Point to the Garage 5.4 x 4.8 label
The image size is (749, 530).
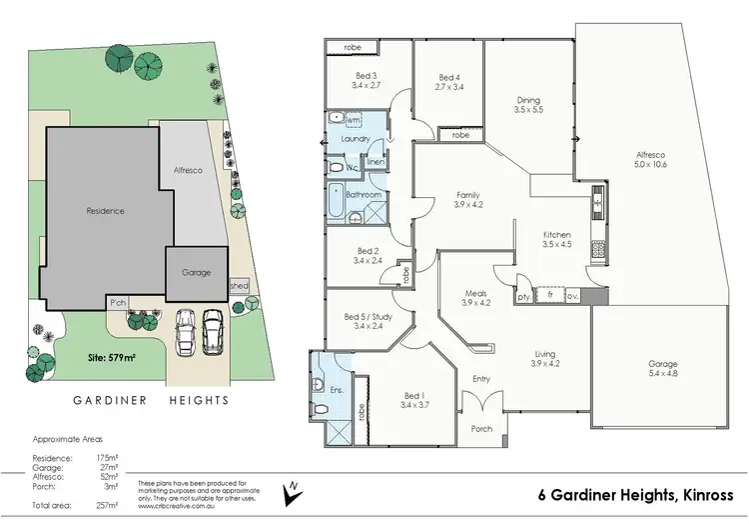pos(662,369)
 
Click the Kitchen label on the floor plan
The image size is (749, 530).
pos(554,232)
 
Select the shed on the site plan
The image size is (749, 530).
pos(239,286)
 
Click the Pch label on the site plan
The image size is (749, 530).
pos(118,301)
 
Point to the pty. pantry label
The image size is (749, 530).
pos(523,296)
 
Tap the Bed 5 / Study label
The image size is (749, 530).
pos(367,319)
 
